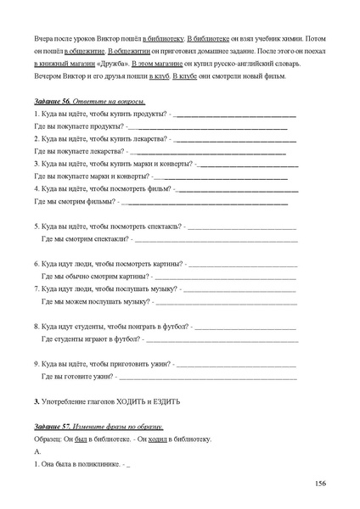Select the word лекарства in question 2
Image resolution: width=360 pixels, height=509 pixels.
pyautogui.click(x=147, y=137)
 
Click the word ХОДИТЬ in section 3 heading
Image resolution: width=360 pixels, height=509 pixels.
pyautogui.click(x=137, y=401)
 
